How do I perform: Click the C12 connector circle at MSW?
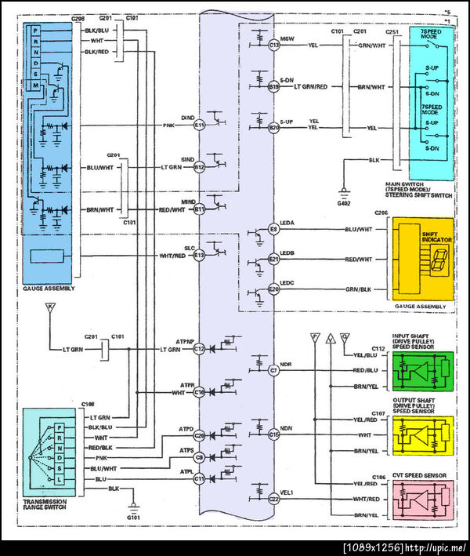(x=273, y=45)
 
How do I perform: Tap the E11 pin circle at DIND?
(x=199, y=125)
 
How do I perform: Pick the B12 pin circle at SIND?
(x=199, y=167)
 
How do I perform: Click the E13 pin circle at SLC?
(x=199, y=255)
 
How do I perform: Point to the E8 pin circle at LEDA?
(x=273, y=229)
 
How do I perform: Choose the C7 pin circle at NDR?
(x=273, y=369)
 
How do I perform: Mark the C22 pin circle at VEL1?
(x=273, y=498)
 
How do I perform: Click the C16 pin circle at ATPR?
(x=199, y=391)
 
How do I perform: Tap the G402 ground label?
(x=345, y=203)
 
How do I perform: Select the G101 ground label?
(x=135, y=518)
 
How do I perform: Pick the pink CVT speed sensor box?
(x=423, y=499)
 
